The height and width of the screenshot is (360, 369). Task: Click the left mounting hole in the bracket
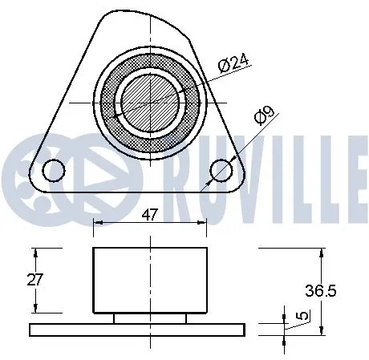pyautogui.click(x=55, y=169)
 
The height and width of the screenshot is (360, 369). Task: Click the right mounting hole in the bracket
pyautogui.click(x=221, y=170)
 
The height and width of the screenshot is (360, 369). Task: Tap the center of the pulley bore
pyautogui.click(x=150, y=102)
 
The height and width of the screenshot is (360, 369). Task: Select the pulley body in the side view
pyautogui.click(x=150, y=280)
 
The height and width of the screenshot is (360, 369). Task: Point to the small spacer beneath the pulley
pyautogui.click(x=150, y=318)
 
